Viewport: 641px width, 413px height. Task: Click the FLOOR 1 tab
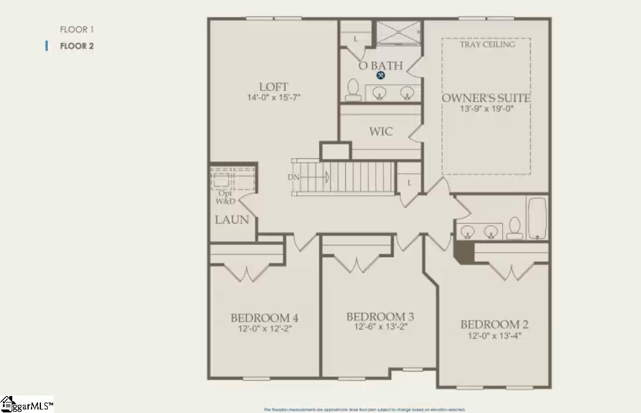pyautogui.click(x=77, y=29)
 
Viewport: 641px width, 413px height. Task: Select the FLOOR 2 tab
pyautogui.click(x=77, y=46)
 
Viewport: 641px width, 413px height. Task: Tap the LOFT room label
pyautogui.click(x=273, y=88)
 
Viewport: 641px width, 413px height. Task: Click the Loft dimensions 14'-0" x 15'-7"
pyautogui.click(x=273, y=98)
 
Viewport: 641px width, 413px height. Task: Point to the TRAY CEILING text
pyautogui.click(x=487, y=44)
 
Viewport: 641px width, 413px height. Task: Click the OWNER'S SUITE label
pyautogui.click(x=486, y=98)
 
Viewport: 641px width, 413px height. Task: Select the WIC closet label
pyautogui.click(x=381, y=131)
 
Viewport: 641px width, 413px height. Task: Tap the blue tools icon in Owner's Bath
pyautogui.click(x=380, y=75)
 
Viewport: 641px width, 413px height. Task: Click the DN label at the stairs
pyautogui.click(x=293, y=176)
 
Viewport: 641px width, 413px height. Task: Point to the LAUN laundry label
pyautogui.click(x=232, y=220)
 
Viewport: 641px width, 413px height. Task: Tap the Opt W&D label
pyautogui.click(x=225, y=197)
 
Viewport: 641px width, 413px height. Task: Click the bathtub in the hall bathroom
pyautogui.click(x=537, y=218)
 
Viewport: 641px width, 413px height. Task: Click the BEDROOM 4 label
pyautogui.click(x=265, y=318)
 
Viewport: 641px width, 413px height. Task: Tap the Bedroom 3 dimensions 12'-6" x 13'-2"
pyautogui.click(x=380, y=327)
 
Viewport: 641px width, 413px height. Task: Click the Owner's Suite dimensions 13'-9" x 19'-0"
pyautogui.click(x=486, y=108)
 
